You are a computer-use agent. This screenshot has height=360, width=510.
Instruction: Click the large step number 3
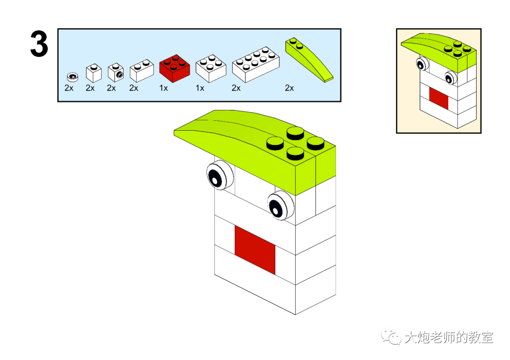pos(39,44)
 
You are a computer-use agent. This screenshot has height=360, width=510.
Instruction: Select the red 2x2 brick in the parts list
pos(175,69)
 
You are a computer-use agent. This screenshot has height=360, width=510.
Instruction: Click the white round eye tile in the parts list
pos(72,76)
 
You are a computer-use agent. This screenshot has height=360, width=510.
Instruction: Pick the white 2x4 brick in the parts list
pos(256,64)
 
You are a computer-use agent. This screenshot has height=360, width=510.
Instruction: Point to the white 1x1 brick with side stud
pos(116,72)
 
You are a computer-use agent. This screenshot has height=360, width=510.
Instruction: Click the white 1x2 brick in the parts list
pos(142,70)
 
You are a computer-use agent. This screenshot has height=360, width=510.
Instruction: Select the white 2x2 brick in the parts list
pos(211,68)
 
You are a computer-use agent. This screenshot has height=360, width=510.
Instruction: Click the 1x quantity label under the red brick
pos(163,88)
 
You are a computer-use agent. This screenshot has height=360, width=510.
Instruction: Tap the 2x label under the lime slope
pos(289,88)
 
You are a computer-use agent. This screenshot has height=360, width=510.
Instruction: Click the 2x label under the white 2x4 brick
pos(236,88)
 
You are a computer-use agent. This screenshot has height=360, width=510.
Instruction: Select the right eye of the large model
pos(280,205)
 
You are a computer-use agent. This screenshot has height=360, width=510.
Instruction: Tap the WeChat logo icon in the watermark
pos(391,337)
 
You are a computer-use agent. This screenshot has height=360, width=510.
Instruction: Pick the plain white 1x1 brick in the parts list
pos(93,73)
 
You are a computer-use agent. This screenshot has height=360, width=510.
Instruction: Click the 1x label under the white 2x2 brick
pos(200,88)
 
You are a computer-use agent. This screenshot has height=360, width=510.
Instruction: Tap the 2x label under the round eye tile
pos(69,88)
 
